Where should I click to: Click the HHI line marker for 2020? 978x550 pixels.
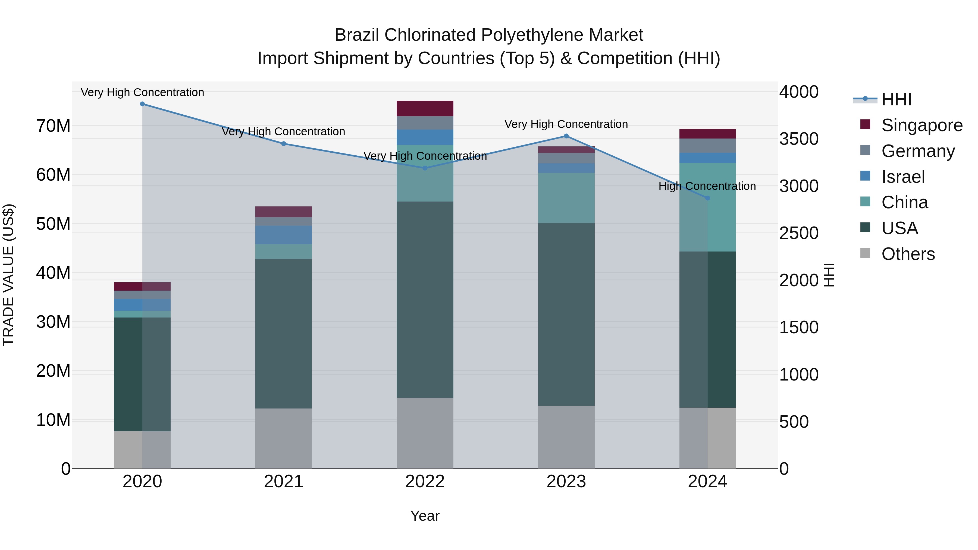coord(142,104)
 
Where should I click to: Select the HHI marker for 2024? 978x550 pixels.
coord(707,198)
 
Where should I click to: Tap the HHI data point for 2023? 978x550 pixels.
coord(566,136)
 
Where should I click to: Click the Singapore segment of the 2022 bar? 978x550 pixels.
coord(425,109)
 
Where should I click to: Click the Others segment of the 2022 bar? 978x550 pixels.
coord(425,433)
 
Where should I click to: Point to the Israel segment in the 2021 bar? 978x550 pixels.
coord(284,235)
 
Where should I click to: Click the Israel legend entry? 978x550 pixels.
coord(903,177)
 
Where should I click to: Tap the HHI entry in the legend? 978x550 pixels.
coord(896,99)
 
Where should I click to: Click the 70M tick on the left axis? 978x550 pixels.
coord(53,126)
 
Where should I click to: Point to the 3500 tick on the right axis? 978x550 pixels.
coord(799,139)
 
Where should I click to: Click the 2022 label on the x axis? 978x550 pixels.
coord(425,482)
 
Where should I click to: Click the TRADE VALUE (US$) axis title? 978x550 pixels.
coord(9,275)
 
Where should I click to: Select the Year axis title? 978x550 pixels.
coord(425,516)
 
